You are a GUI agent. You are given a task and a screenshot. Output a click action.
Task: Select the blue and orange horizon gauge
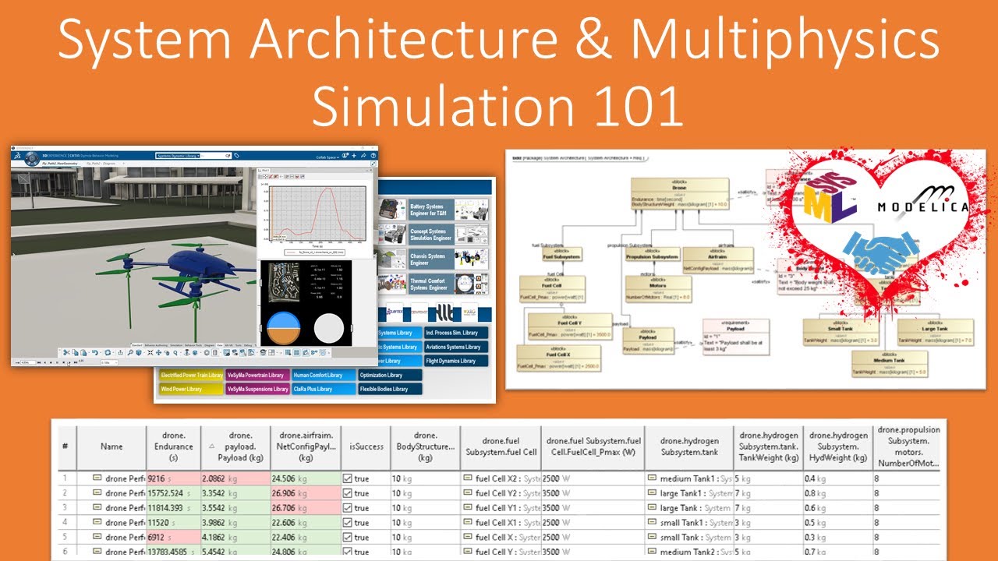point(283,328)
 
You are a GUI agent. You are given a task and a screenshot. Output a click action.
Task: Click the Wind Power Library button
point(190,389)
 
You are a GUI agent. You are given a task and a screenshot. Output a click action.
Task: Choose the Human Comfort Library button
point(323,375)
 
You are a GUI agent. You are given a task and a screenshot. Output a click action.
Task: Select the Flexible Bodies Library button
point(390,389)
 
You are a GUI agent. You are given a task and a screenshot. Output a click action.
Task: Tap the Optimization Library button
point(390,375)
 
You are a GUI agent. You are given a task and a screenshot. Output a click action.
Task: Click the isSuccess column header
point(366,446)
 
